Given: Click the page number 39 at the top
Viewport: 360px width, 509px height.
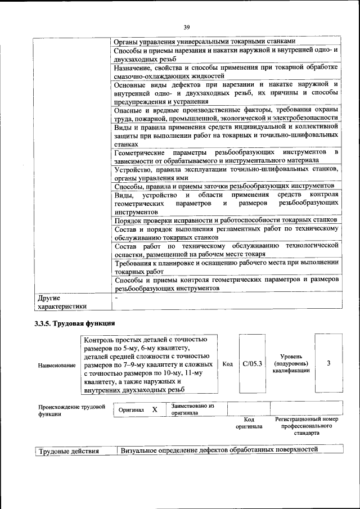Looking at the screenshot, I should click(x=186, y=26).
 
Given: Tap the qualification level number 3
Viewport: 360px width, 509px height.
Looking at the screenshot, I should click(x=328, y=363).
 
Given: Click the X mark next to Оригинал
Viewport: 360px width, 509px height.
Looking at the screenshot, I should click(x=154, y=409).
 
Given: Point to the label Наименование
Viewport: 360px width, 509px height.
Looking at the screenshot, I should click(x=57, y=366).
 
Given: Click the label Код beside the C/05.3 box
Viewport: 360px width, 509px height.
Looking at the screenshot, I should click(x=228, y=364).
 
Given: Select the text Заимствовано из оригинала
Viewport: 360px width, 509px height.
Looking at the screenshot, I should click(x=192, y=408).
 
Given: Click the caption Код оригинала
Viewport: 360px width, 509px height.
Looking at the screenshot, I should click(x=249, y=422).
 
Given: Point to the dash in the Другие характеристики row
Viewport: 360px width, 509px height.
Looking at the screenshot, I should click(x=116, y=296).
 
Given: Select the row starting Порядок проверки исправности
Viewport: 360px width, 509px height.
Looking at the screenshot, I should click(x=225, y=219).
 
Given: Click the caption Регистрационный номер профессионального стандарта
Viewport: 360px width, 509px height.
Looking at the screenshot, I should click(x=307, y=426).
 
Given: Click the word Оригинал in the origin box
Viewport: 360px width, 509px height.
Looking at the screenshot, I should click(x=131, y=410).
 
